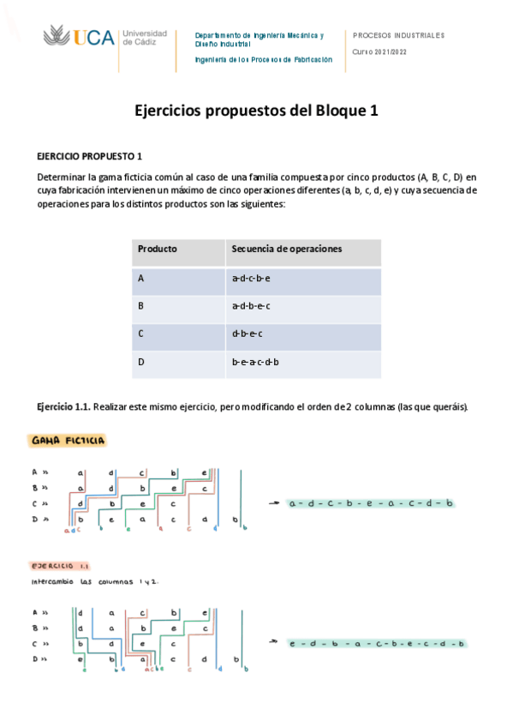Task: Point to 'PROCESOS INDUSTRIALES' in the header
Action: coord(398,35)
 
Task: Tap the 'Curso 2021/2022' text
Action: coord(381,51)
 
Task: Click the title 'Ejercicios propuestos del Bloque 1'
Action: coord(256,111)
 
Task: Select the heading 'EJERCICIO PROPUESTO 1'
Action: coord(89,156)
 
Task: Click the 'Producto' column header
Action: coord(158,249)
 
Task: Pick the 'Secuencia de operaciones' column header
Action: coord(287,249)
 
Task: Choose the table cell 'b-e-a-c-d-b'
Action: coord(255,362)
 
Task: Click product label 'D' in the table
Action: coord(141,362)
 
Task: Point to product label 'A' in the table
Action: coord(140,279)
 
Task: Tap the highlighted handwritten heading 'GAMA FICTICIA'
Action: coord(68,441)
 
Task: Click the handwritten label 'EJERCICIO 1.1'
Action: coord(61,567)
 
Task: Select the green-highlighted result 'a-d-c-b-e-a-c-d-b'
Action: coord(371,503)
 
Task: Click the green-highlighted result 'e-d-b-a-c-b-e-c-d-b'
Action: coord(377,643)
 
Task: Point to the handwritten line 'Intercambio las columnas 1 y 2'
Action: coord(94,582)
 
